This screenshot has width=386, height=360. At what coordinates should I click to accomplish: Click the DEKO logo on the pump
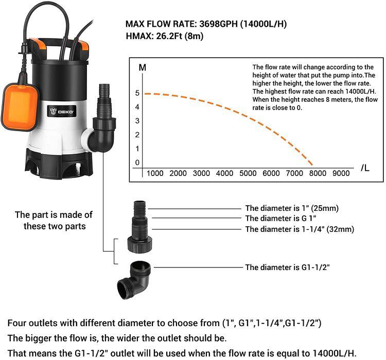coord(62,112)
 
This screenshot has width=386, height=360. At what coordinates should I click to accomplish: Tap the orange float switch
coord(20,106)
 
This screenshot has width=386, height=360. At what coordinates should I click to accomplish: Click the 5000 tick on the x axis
coord(248,173)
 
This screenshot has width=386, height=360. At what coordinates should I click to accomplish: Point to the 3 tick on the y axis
coord(137,121)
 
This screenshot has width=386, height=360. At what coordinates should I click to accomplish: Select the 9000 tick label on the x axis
coord(341,173)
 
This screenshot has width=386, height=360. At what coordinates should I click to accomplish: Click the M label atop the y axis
coord(143,67)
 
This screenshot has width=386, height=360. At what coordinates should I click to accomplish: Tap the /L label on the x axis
coord(365,168)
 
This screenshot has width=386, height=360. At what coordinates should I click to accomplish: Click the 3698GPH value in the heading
coord(219,24)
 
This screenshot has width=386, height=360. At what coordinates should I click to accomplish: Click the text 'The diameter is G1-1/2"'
coord(287,267)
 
